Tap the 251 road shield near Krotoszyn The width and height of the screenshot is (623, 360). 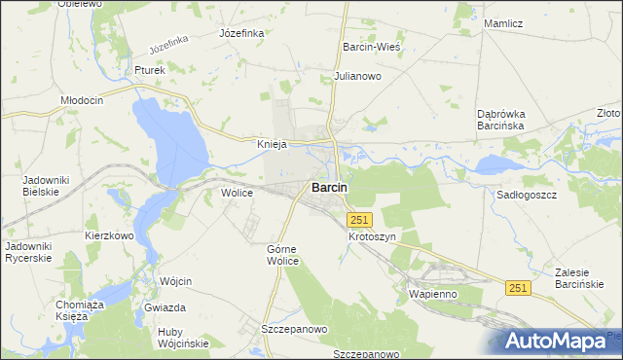tap(359, 221)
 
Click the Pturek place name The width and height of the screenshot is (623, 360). tap(151, 70)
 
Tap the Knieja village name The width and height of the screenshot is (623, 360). tap(270, 144)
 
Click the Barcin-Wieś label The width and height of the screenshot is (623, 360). tap(373, 46)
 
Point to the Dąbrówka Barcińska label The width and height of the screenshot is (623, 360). tap(501, 119)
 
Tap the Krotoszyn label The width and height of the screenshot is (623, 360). tap(372, 236)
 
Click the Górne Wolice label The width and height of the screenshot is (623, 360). tap(287, 255)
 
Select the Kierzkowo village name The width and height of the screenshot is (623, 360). tap(108, 235)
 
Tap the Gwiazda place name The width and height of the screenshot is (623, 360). tap(165, 307)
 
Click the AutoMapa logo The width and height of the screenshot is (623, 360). tap(558, 342)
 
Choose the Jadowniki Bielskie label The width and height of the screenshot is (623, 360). tap(42, 186)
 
